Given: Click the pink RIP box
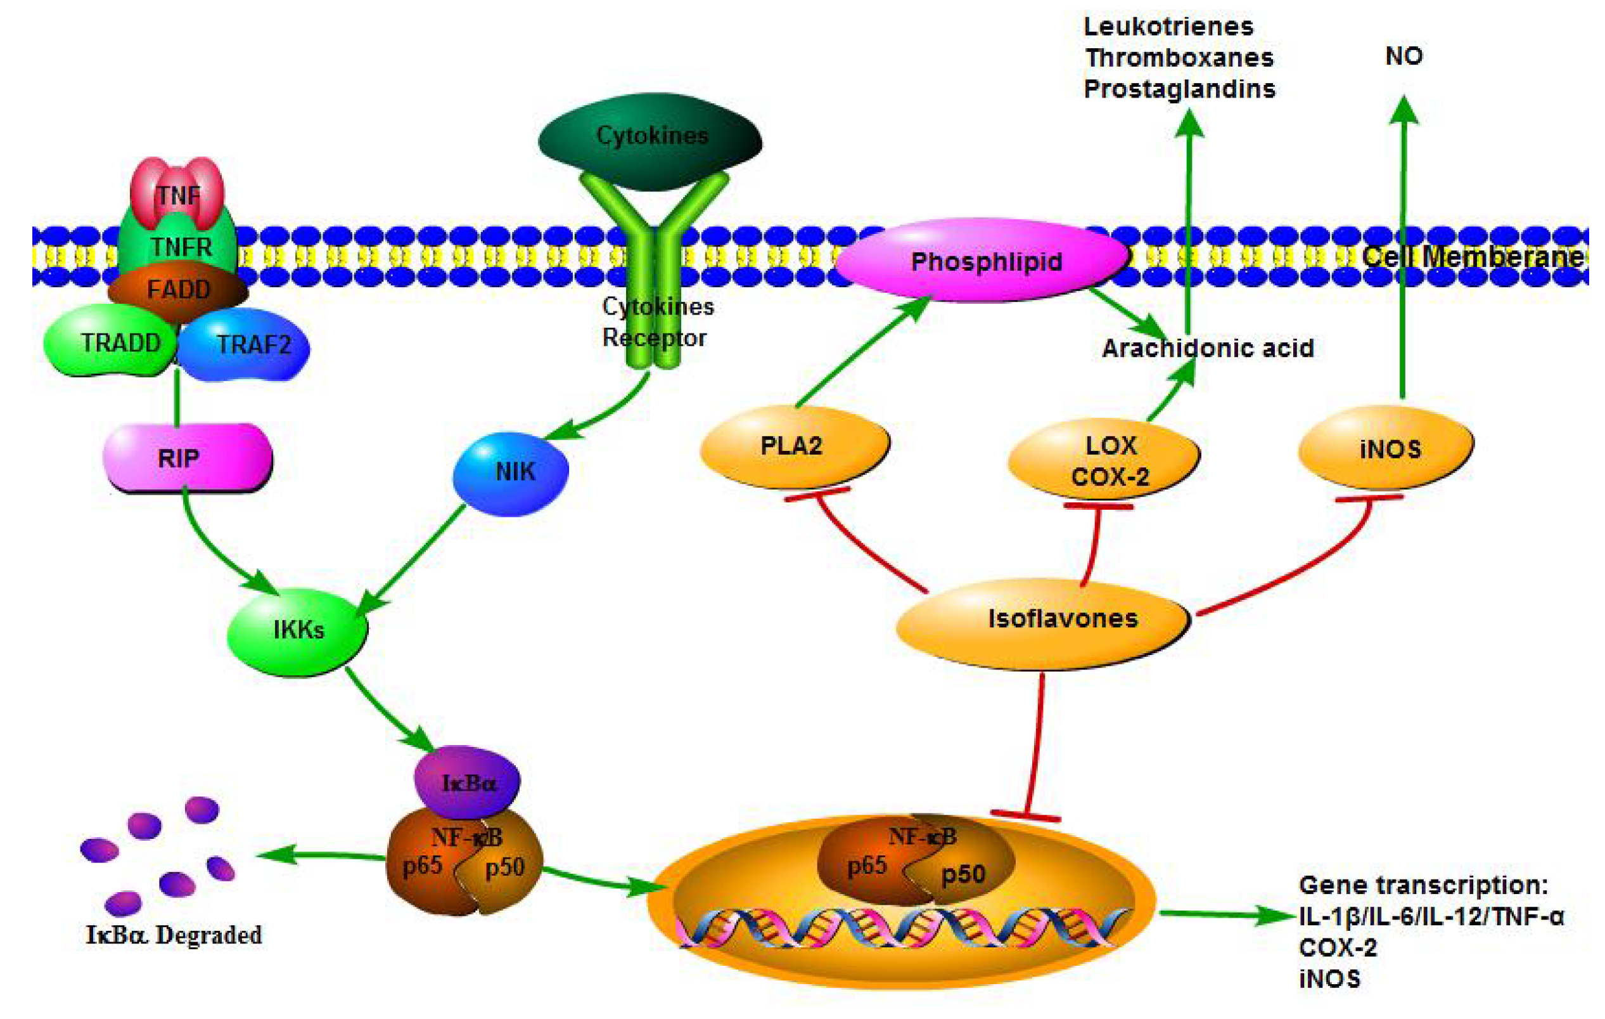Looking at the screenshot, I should (x=188, y=457).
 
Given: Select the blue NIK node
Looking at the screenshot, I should (x=511, y=472).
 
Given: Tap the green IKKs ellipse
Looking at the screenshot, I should (x=297, y=630).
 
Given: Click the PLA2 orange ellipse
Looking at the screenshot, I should (x=793, y=446).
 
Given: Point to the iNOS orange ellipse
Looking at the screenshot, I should (x=1386, y=449).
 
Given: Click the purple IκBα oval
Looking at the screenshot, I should (x=467, y=782).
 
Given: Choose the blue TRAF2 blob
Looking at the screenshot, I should (x=246, y=345).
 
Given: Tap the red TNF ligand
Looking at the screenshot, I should (x=177, y=193).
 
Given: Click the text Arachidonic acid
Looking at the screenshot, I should (x=1207, y=348).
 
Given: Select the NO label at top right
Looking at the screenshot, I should (x=1403, y=56).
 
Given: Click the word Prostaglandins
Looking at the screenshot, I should (x=1179, y=89).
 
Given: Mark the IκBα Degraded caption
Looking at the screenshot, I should (x=173, y=934).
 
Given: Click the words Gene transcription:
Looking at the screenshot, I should (x=1423, y=885).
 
